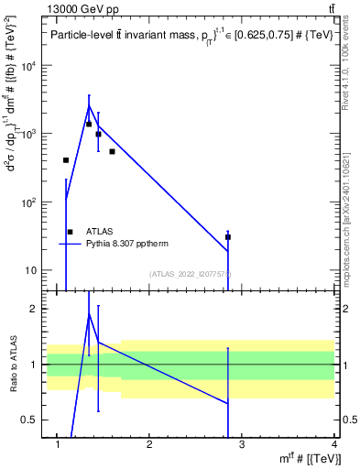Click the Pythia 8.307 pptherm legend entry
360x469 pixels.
(115, 244)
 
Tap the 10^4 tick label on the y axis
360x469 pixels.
(28, 67)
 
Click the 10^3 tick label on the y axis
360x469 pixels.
(28, 135)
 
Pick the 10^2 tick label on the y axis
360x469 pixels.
(28, 202)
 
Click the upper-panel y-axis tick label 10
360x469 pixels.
(31, 270)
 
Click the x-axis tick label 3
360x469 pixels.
(242, 446)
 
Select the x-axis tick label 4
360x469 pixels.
(334, 446)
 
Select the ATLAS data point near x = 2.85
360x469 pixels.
(227, 237)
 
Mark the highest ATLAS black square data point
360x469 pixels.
(89, 124)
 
